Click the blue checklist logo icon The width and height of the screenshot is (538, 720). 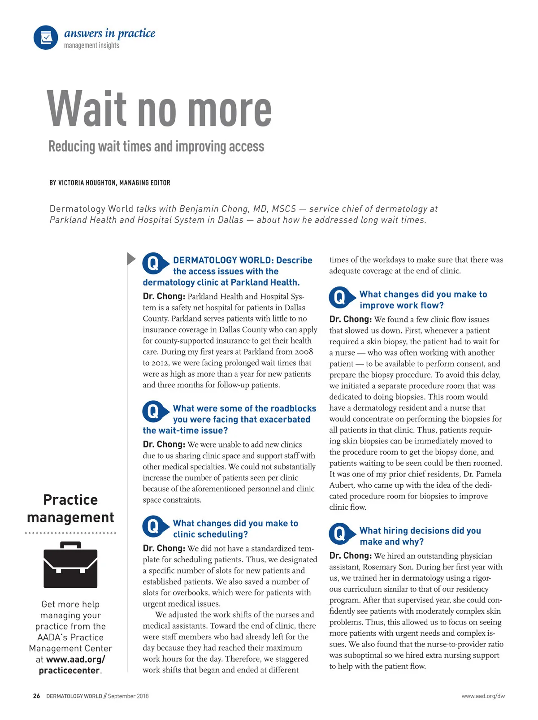tap(46, 37)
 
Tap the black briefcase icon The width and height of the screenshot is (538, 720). tap(70, 565)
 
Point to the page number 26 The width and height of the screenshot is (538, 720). tap(36, 696)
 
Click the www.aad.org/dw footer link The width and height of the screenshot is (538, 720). tap(483, 696)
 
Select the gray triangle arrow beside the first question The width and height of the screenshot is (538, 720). tap(131, 259)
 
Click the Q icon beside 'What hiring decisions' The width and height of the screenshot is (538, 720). tap(340, 533)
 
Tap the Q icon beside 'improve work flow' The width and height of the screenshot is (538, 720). tap(340, 297)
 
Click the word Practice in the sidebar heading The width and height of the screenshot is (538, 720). tap(70, 500)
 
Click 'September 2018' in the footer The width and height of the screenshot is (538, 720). tap(128, 696)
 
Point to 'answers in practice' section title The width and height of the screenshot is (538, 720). tap(109, 34)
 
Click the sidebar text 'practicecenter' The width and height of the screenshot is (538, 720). tap(69, 670)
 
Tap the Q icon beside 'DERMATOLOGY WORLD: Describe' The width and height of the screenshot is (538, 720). tap(153, 263)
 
